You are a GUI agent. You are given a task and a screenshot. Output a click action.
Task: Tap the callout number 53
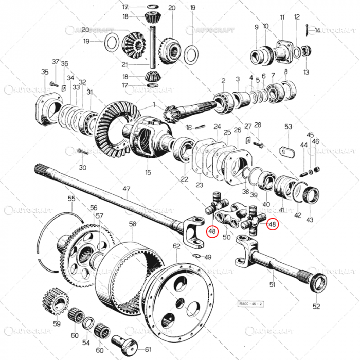pyautogui.click(x=288, y=127)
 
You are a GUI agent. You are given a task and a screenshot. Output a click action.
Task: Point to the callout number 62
pyautogui.click(x=176, y=246)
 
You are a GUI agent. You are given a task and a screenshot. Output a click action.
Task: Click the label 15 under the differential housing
pyautogui.click(x=148, y=172)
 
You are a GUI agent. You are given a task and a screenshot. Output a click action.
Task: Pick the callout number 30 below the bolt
pyautogui.click(x=82, y=167)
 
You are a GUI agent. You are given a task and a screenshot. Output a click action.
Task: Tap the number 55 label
pyautogui.click(x=71, y=199)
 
